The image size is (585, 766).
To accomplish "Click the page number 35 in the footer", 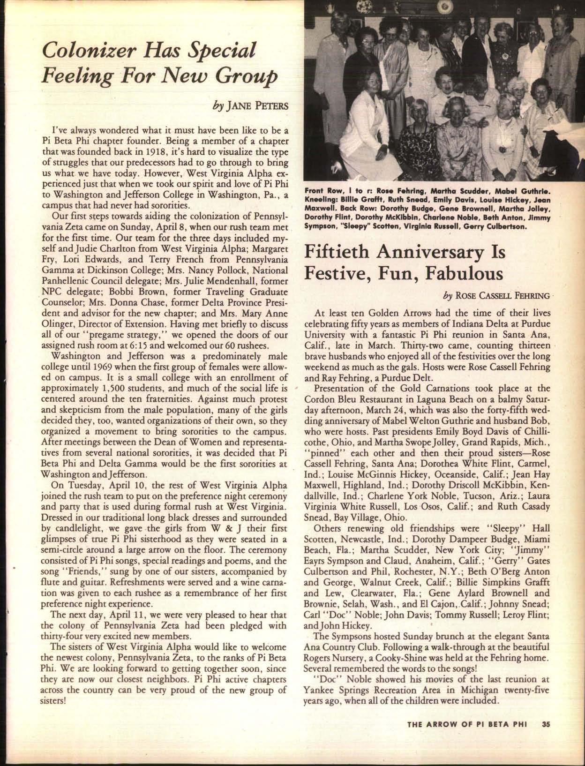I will (546, 723).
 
